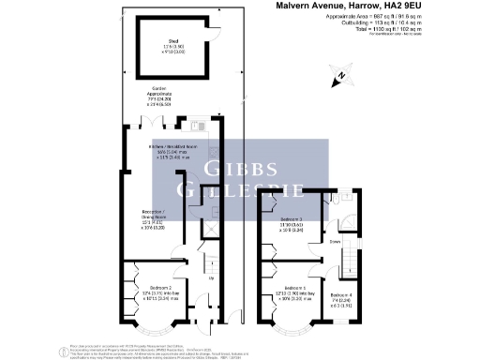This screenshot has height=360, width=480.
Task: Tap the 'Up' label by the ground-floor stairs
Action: pyautogui.click(x=211, y=278)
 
